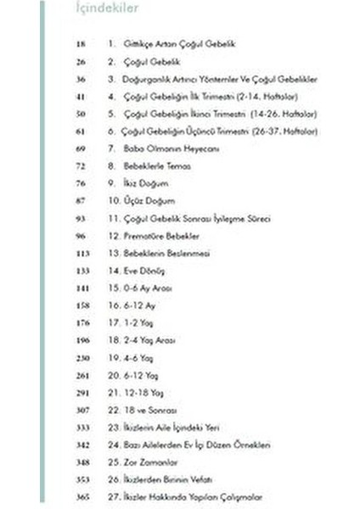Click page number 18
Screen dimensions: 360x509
(82, 43)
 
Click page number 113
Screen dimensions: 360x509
(82, 254)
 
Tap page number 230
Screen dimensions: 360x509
(82, 358)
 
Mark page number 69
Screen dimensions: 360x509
(82, 148)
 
